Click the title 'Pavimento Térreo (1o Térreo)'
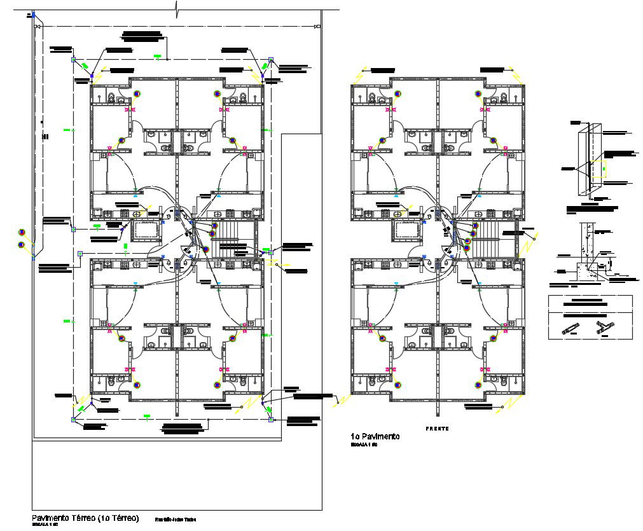pos(85,518)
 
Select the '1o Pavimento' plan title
pos(375,436)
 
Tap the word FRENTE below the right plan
pos(438,429)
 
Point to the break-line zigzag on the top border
pos(177,9)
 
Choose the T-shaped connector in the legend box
pos(602,328)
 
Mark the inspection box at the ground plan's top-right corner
pos(270,60)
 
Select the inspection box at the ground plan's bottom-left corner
pos(73,419)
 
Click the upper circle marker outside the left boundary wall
pos(21,231)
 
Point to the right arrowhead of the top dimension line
pos(317,26)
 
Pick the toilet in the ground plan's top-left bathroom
pos(111,97)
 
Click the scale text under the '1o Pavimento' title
pos(364,445)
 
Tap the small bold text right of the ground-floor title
pos(176,520)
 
